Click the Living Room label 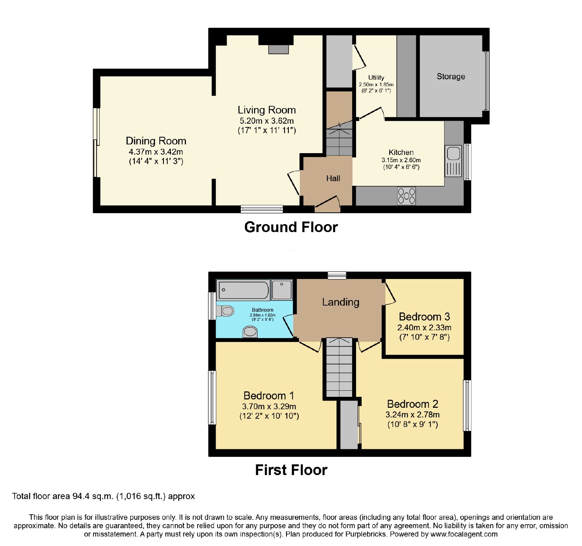pos(267,110)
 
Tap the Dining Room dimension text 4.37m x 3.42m pos(156,152)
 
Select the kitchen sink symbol pos(453,161)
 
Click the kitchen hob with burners pos(406,196)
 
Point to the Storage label pos(451,76)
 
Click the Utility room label pos(376,77)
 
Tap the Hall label pos(333,178)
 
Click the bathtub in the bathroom pos(243,290)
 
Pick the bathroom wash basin pos(250,332)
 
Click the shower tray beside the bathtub pos(282,290)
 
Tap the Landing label pos(340,302)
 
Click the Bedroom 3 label pos(424,316)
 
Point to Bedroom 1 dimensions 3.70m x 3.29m pos(269,406)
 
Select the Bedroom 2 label pos(412,404)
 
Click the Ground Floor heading pos(291,227)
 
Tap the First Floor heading pos(291,470)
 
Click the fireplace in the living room pos(278,49)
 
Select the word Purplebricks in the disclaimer pos(368,534)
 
